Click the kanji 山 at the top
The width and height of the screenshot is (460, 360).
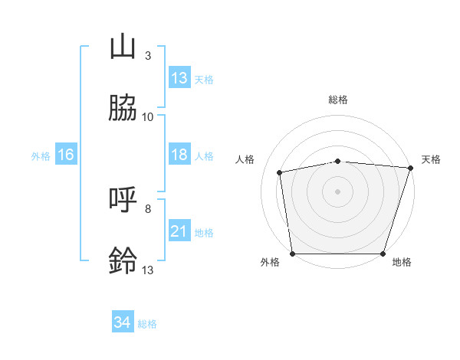coord(123,47)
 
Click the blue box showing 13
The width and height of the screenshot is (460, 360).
coord(179,78)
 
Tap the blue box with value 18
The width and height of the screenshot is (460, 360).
coord(179,155)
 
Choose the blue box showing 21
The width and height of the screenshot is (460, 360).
coord(179,231)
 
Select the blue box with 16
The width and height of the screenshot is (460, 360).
coord(66,155)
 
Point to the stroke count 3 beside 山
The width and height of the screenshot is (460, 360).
coord(147,55)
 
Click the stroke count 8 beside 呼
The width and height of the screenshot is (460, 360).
coord(147,208)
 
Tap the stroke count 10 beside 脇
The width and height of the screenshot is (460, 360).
coord(147,116)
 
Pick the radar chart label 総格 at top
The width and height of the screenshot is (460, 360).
coord(338,100)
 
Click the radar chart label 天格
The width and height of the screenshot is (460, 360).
coord(432,159)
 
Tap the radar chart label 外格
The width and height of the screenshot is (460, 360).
coord(270,262)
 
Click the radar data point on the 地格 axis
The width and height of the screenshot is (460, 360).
coord(383,254)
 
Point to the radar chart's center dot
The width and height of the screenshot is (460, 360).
coord(338,191)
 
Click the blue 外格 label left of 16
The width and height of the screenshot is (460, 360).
coord(41,156)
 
